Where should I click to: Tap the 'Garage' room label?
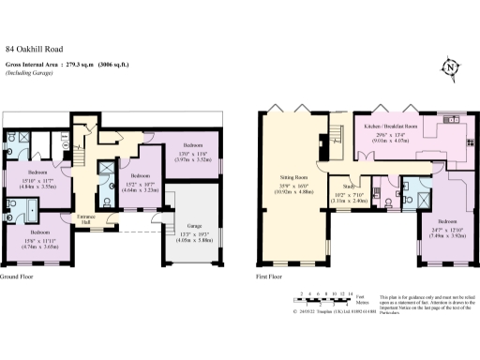click(x=194, y=225)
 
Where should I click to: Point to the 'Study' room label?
click(x=349, y=187)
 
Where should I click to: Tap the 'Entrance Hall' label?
click(x=86, y=218)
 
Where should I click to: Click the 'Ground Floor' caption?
click(x=18, y=278)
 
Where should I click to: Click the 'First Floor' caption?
click(x=270, y=278)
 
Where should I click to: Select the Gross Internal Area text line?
click(x=67, y=65)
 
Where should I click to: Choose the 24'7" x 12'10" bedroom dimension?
click(x=442, y=236)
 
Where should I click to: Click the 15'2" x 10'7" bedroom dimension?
click(x=139, y=189)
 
